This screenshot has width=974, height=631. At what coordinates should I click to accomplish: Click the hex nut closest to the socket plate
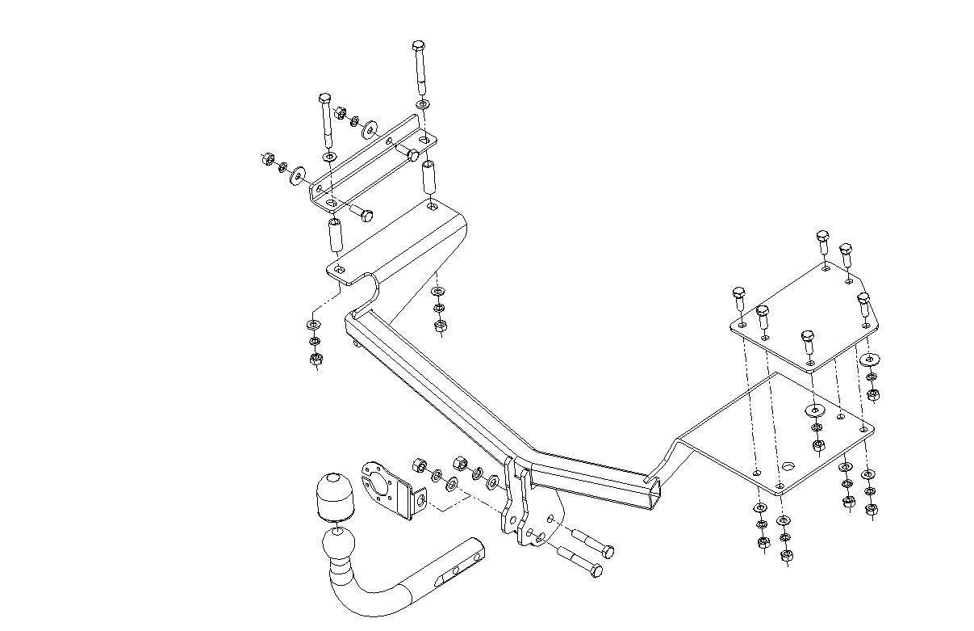[419, 465]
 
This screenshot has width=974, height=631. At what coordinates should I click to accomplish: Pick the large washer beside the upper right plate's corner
[871, 360]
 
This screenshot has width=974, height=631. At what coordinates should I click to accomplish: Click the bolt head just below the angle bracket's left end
[363, 214]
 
